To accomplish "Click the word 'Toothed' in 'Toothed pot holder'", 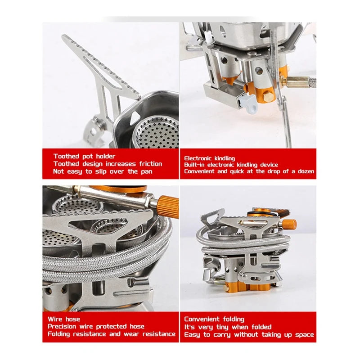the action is [x=66, y=156].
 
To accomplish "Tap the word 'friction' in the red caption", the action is [x=151, y=164].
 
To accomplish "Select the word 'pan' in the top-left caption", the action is [x=147, y=172].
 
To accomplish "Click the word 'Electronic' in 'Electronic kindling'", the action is [x=198, y=158].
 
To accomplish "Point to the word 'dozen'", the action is [x=306, y=171].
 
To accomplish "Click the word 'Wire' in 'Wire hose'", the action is [x=55, y=319].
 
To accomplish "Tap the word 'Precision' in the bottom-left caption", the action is [x=62, y=327].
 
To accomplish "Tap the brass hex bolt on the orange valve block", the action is [x=268, y=96].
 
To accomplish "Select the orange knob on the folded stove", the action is [x=289, y=224].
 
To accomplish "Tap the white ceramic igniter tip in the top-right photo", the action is [x=209, y=36].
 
